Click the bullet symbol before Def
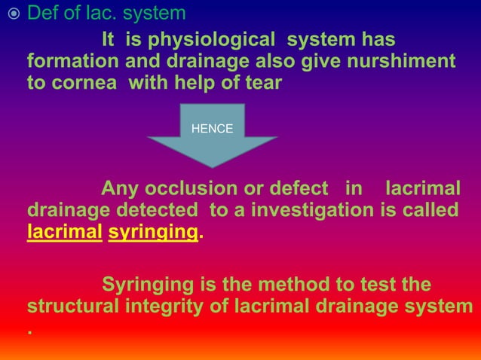12,14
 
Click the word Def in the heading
43,14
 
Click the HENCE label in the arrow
212,129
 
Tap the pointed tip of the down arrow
212,166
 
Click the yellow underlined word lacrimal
64,232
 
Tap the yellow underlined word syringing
153,232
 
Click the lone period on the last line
29,332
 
